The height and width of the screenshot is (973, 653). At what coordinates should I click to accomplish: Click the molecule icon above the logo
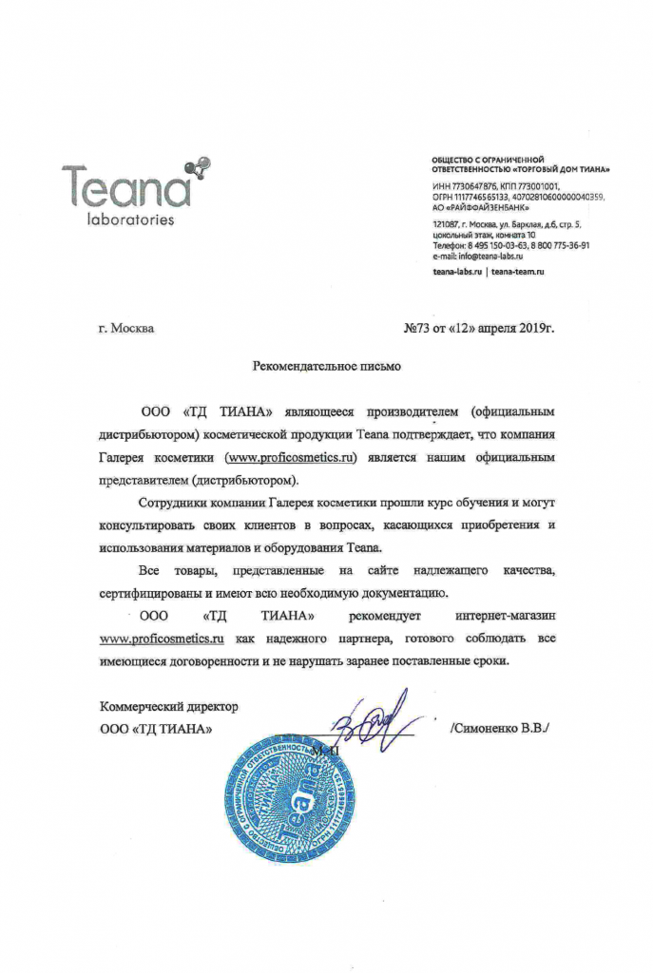[198, 169]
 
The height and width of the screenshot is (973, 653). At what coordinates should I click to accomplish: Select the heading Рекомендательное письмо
[327, 364]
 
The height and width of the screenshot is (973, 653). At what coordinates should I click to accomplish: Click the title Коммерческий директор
[168, 707]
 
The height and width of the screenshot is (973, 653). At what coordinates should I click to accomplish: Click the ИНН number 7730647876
[473, 185]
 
